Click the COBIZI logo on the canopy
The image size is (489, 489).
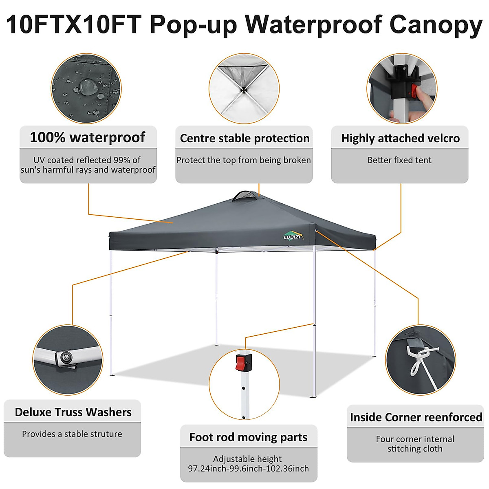tap(293, 236)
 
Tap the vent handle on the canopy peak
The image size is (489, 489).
tap(245, 196)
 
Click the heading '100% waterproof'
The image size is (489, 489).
tap(88, 137)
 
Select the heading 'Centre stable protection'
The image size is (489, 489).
tap(244, 138)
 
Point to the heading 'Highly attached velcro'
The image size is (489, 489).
tap(400, 138)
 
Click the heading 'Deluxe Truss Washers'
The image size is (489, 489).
tap(73, 412)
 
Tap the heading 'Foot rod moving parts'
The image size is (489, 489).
tap(248, 437)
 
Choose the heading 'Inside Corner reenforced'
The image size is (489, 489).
tap(416, 417)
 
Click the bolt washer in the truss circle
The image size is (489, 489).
tap(65, 357)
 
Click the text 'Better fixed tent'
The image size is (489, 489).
tap(399, 160)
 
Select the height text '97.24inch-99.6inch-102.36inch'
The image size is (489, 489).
tap(248, 469)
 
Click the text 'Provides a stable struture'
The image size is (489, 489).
tap(72, 434)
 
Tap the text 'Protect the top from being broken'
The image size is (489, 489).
tap(244, 160)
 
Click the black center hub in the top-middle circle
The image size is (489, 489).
tap(244, 90)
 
